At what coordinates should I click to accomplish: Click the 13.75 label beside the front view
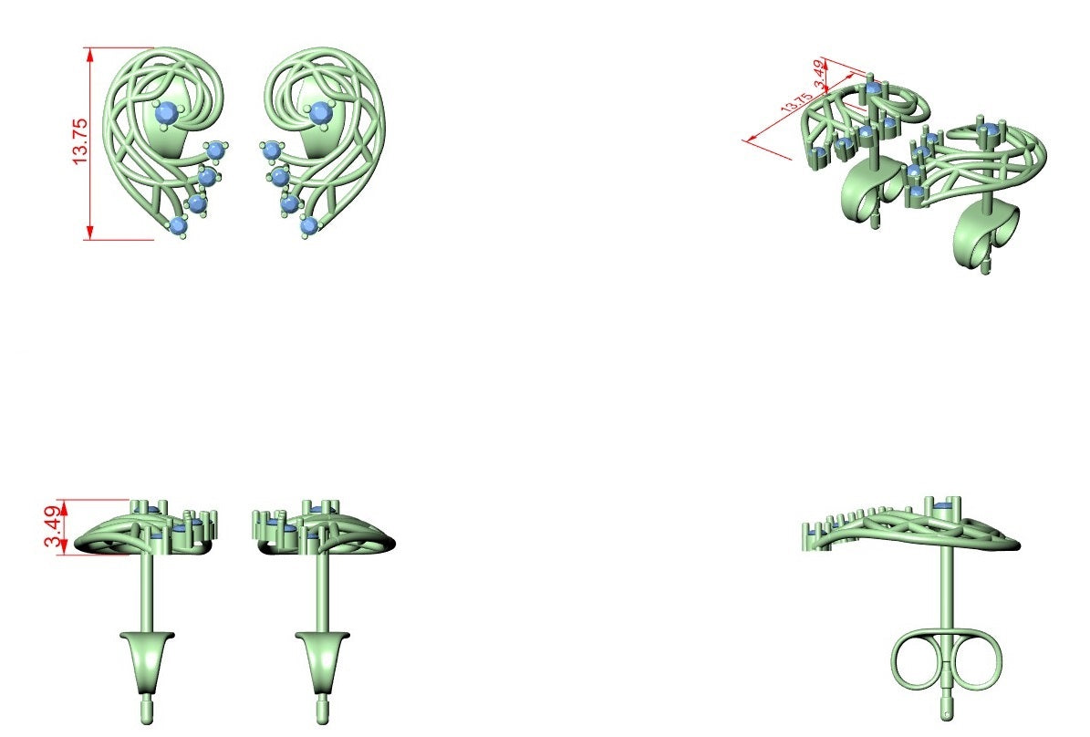(x=80, y=142)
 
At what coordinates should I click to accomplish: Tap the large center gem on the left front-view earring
(x=165, y=112)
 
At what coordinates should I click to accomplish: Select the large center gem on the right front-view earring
(x=320, y=112)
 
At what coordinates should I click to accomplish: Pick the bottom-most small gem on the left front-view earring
(x=178, y=225)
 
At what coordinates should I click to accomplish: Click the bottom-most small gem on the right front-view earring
(x=308, y=225)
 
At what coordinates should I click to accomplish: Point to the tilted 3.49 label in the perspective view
(x=820, y=74)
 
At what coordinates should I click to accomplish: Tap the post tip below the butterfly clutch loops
(x=947, y=712)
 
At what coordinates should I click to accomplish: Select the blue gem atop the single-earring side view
(x=942, y=505)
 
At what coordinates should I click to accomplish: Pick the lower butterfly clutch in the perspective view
(x=986, y=235)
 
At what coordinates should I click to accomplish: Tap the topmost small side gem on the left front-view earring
(x=215, y=150)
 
